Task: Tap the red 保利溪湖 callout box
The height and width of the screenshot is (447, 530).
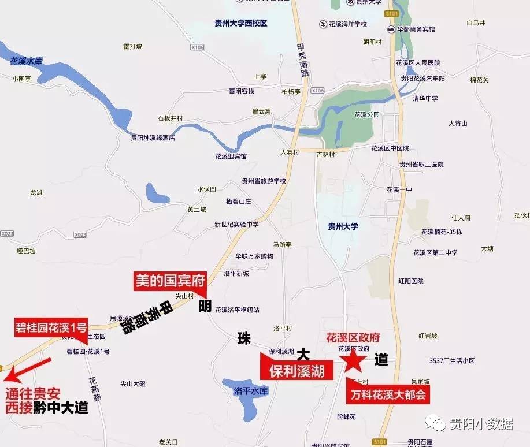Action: (x=298, y=369)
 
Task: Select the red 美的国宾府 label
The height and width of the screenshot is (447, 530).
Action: (x=170, y=281)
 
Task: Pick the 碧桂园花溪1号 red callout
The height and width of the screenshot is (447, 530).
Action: (x=51, y=327)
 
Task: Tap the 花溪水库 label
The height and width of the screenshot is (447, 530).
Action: (x=27, y=61)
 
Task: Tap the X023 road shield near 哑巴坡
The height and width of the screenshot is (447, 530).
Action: (x=7, y=234)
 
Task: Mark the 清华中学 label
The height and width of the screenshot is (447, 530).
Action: (x=425, y=98)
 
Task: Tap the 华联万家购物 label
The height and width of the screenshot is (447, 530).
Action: (x=254, y=255)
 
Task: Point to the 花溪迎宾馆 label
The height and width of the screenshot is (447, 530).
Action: (x=231, y=156)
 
